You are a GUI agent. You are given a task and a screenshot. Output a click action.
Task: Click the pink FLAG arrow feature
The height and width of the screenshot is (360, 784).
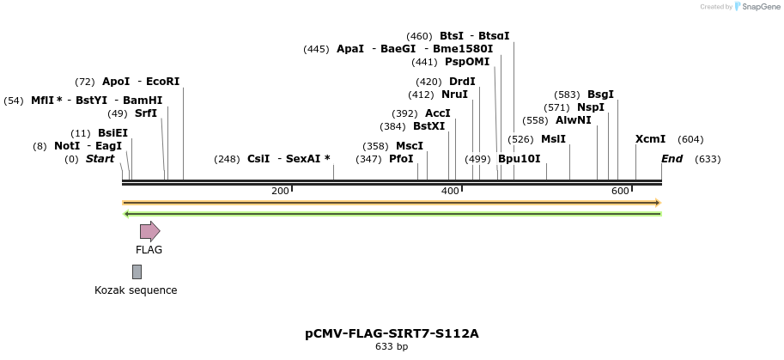[x=149, y=230]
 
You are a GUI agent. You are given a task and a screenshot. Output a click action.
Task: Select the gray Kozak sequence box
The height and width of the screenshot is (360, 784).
[x=137, y=272]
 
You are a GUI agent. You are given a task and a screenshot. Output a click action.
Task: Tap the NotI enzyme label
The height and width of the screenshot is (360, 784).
[x=67, y=146]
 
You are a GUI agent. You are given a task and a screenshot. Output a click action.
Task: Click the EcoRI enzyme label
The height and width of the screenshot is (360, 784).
[x=163, y=82]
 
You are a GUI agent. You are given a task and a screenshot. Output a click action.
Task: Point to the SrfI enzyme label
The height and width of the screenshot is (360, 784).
[x=146, y=113]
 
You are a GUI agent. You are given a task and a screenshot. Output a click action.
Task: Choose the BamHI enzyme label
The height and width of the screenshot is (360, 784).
[x=143, y=101]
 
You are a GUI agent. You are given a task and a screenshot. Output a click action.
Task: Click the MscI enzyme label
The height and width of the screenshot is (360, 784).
[x=410, y=146]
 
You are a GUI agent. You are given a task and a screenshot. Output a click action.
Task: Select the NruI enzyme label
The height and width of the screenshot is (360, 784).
[x=454, y=95]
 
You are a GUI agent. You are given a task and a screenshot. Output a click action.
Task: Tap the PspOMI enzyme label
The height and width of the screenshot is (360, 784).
[x=467, y=62]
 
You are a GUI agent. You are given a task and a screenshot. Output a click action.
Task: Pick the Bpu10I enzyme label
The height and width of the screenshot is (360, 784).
[x=520, y=159]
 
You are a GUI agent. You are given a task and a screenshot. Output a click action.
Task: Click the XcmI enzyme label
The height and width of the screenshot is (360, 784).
[x=650, y=139]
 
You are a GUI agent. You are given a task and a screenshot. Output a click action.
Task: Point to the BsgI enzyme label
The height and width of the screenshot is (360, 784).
[x=600, y=95]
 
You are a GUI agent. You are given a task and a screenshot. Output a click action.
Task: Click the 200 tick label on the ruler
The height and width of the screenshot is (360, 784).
[x=280, y=191]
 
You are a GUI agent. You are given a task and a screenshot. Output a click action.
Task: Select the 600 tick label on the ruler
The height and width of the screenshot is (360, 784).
[x=620, y=191]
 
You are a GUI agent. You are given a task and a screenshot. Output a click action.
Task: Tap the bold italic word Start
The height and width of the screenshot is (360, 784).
[x=100, y=159]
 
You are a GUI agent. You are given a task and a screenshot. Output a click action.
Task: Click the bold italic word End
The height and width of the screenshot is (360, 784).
[x=672, y=159]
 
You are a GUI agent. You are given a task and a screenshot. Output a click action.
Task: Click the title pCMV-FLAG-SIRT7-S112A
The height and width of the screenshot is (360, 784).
[x=392, y=333]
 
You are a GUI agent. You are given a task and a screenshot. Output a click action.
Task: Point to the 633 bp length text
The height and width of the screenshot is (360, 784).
[x=392, y=347]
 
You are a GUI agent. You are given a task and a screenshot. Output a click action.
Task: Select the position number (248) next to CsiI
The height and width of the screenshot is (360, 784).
[x=227, y=159]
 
